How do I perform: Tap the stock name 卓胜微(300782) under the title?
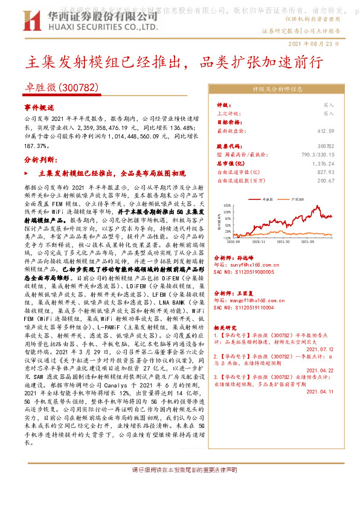(x=63, y=88)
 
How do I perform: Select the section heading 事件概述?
(x=39, y=107)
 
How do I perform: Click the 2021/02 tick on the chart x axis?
(x=288, y=241)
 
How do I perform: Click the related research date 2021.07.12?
(x=321, y=349)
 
